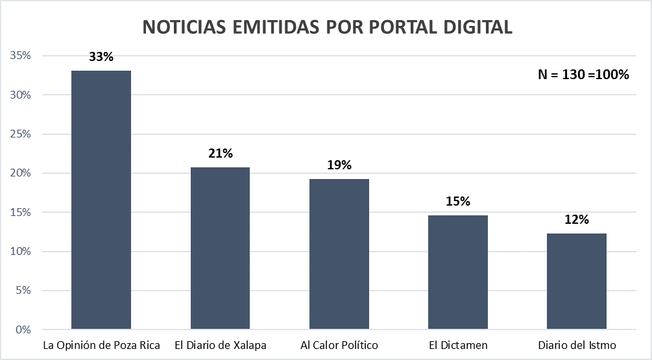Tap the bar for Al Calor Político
coord(339,254)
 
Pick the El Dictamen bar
coord(458,272)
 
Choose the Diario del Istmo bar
coord(577,282)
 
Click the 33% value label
coord(101,57)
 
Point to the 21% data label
coord(220,154)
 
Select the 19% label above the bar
coord(339,165)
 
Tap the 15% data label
coord(458,201)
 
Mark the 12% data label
coord(577,220)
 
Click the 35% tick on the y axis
coord(21,56)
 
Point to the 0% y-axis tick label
coord(23,330)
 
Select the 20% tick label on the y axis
coord(21,173)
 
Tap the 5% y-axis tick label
coord(23,291)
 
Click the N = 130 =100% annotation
coord(583,75)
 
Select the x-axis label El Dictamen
coord(458,344)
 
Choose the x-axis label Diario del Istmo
coord(577,344)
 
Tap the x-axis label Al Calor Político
coord(339,344)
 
